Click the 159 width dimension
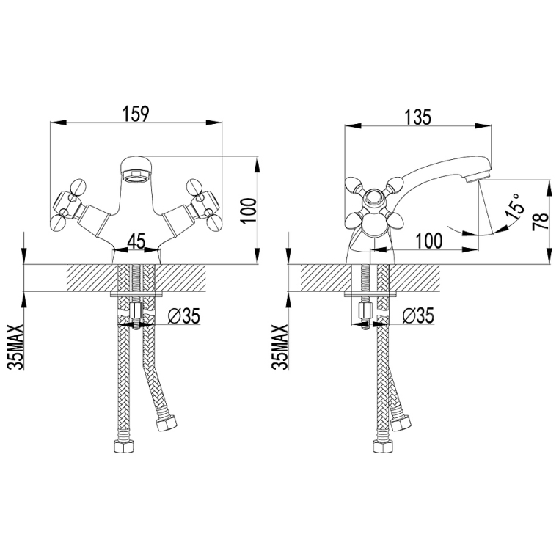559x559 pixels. pos(135,114)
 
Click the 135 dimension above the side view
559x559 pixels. pos(417,117)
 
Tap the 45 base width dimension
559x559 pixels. pos(136,241)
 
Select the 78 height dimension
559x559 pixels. pos(541,222)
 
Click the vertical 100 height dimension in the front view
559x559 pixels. pos(249,211)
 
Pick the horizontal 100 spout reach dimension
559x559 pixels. pos(429,241)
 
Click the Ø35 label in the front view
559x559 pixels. pos(183,315)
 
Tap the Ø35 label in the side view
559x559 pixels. pos(418,315)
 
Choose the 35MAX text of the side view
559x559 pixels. pos(280,347)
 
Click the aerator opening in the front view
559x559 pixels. pos(136,177)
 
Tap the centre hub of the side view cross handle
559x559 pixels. pos(373,198)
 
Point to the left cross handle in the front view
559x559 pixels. pos(67,204)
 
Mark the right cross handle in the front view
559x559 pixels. pos(205,204)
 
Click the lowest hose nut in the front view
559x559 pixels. pos(125,446)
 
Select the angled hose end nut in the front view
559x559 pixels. pos(166,423)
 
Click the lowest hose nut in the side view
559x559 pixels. pos(384,446)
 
